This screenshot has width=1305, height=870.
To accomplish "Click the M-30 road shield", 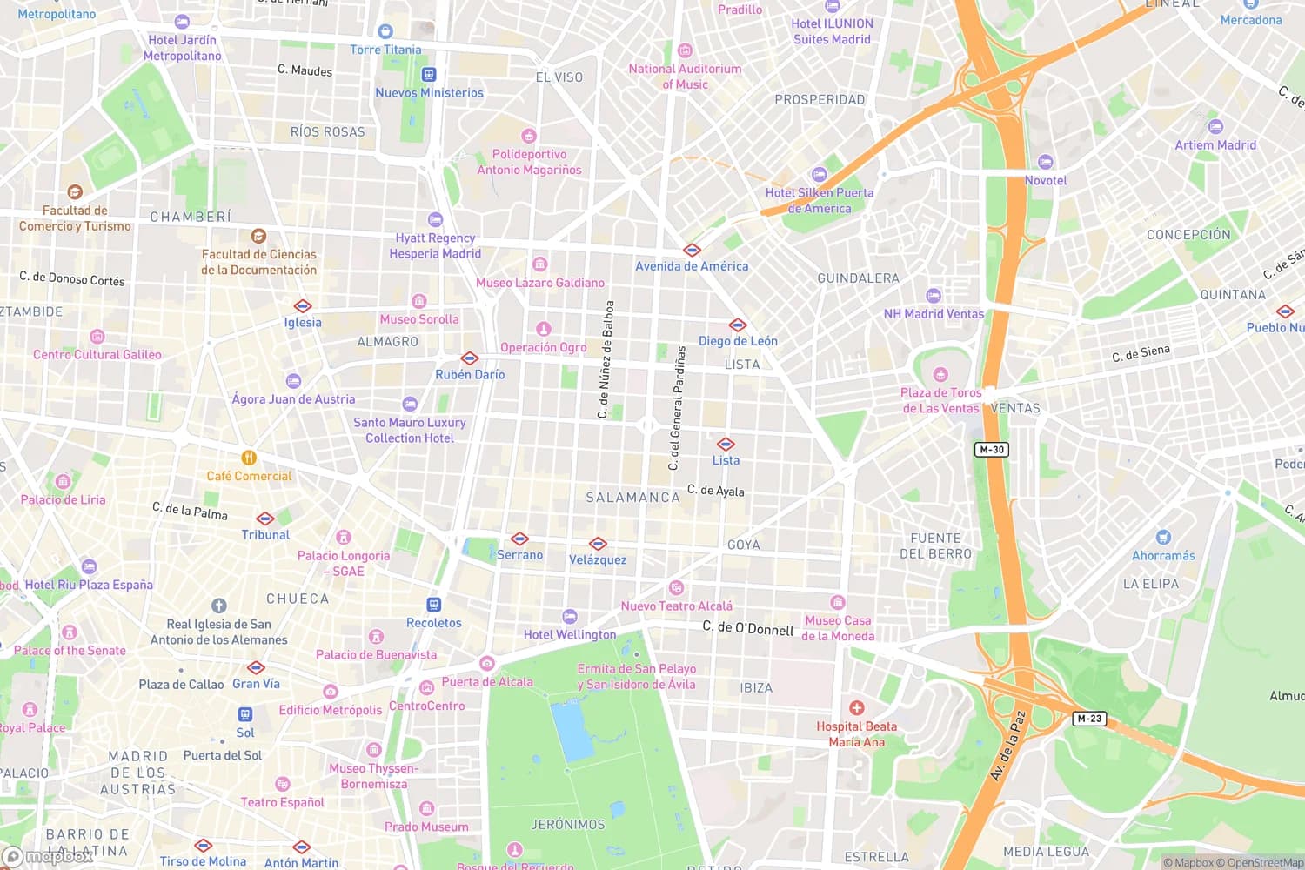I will click(991, 450).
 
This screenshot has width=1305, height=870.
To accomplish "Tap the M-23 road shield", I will click(1089, 719).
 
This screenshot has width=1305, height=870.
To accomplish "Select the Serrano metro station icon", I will click(519, 539).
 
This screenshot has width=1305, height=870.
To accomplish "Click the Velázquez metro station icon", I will click(598, 544).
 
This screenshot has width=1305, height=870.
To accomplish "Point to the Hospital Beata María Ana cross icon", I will click(857, 708).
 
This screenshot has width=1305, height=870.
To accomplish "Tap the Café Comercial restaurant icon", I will click(249, 458).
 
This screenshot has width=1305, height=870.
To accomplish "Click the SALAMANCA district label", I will click(632, 498).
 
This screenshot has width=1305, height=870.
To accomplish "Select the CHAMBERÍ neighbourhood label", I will click(191, 217).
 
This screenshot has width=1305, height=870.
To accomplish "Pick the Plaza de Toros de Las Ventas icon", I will click(940, 375).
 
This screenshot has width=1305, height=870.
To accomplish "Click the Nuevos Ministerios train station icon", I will click(428, 75).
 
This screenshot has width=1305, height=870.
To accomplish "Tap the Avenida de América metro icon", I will click(692, 250).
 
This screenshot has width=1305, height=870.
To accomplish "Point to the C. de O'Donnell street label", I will click(747, 627).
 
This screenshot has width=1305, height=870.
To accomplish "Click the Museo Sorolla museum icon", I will click(418, 302).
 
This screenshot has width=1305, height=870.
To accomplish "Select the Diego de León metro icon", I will click(738, 325).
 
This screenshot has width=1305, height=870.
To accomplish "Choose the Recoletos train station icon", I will click(433, 605).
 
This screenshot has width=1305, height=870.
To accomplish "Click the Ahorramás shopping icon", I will click(1163, 538).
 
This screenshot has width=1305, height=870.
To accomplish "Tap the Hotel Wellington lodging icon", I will click(569, 617).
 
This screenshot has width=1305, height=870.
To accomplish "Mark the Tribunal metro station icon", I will click(265, 519).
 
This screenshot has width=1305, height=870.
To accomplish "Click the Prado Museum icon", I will click(426, 809).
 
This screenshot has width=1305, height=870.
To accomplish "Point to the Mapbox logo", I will click(48, 856).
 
